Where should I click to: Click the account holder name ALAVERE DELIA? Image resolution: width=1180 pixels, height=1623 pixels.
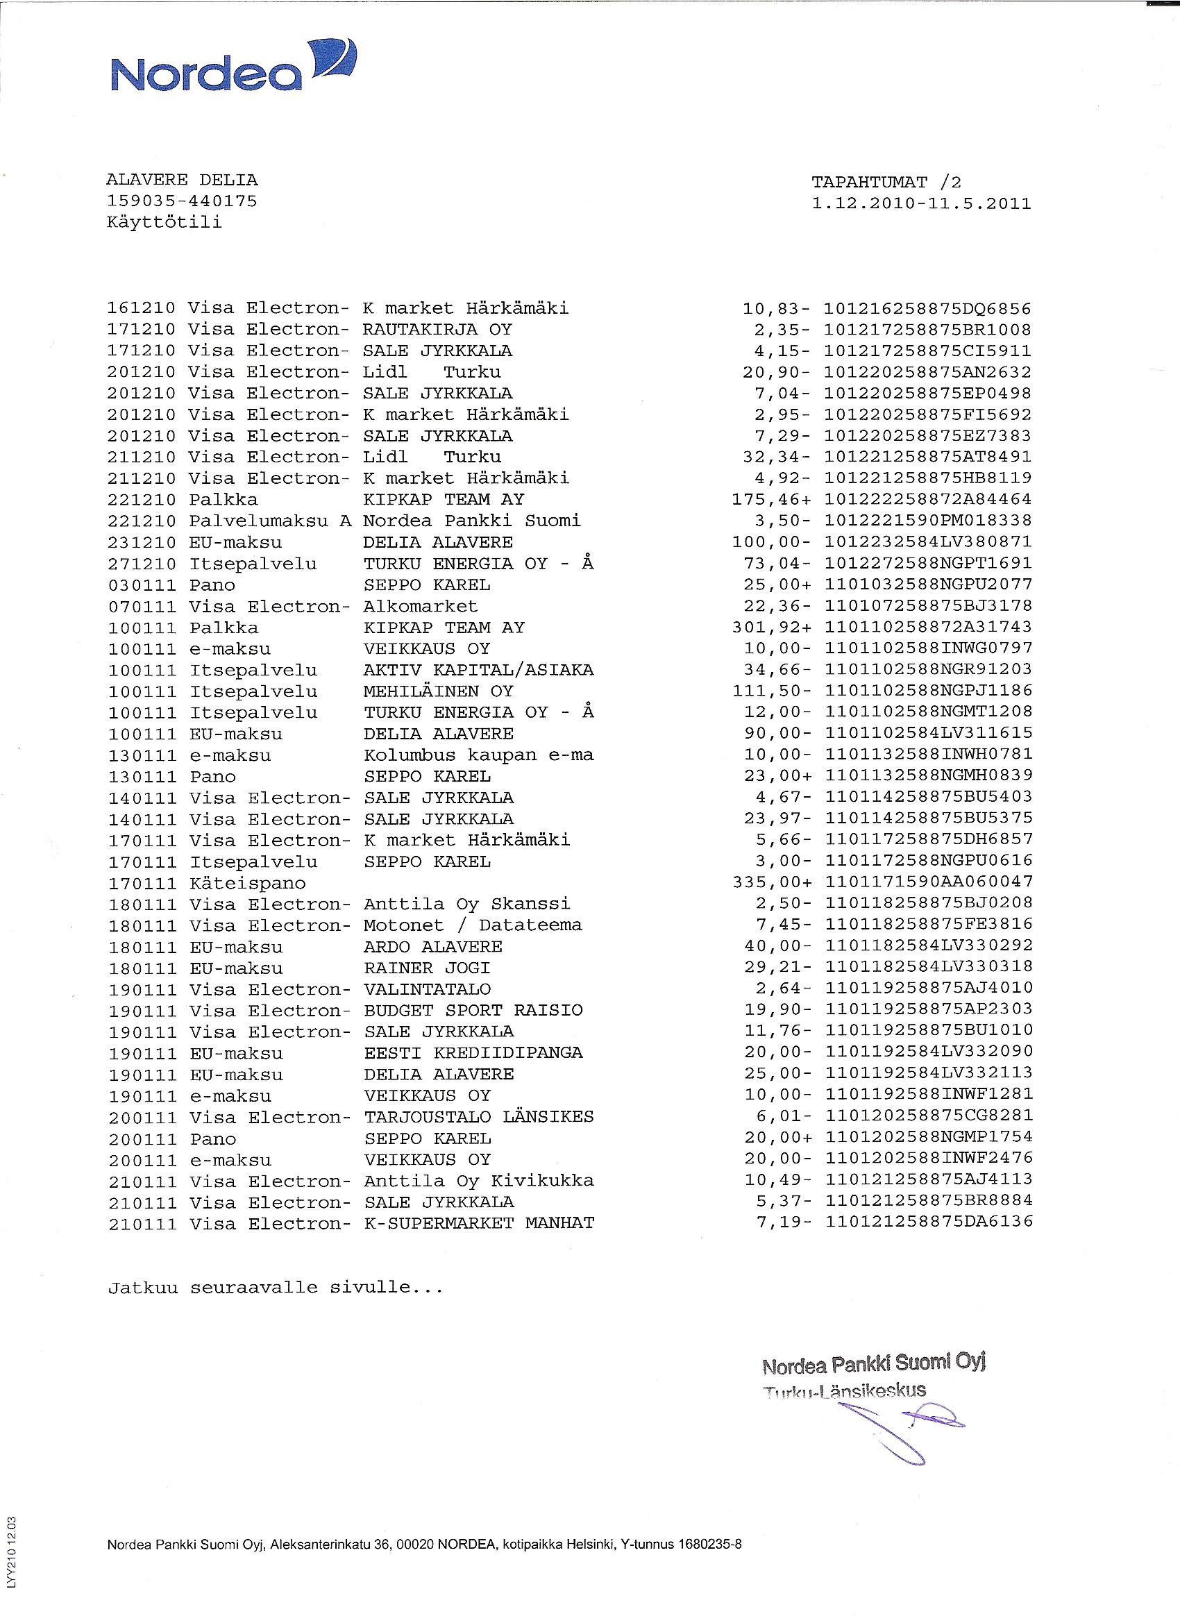click(x=182, y=180)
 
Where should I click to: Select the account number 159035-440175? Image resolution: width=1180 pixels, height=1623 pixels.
click(x=182, y=201)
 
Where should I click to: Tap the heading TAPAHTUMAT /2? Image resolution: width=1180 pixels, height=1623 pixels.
click(x=886, y=183)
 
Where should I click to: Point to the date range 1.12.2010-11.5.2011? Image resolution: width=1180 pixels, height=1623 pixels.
click(x=922, y=204)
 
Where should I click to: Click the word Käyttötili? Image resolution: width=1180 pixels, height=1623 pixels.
click(x=164, y=223)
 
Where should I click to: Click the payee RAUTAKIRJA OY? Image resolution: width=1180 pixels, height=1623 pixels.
click(x=437, y=330)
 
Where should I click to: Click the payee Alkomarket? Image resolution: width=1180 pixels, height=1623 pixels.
click(x=420, y=607)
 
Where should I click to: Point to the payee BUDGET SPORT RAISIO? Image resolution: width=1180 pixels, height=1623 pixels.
click(x=473, y=1011)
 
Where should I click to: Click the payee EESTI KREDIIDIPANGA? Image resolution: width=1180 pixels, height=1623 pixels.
click(x=473, y=1052)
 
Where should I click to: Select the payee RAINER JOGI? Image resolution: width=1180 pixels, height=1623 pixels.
click(x=426, y=968)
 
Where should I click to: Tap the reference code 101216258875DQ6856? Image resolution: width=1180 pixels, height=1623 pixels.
click(x=927, y=309)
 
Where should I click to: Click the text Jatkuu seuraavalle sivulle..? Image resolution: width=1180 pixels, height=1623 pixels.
click(x=276, y=1288)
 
